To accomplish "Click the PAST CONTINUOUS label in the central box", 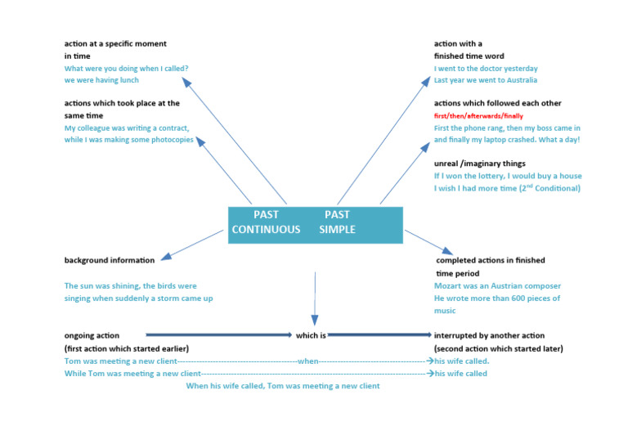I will (266, 222).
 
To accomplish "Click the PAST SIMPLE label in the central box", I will (337, 222).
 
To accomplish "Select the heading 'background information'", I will (109, 260).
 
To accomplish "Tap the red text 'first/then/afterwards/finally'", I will (478, 116).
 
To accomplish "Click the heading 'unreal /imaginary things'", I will (479, 164).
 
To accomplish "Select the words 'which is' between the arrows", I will (311, 335).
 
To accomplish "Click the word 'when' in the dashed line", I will (308, 361).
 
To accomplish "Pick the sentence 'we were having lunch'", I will (101, 80).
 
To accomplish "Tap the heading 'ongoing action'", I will (92, 335).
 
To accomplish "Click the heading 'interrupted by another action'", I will (489, 335).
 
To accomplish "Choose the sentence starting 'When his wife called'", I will (283, 386).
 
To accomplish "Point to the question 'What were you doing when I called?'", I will (127, 69).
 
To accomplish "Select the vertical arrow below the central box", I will (315, 298).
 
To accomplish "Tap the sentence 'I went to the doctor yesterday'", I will (486, 69).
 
